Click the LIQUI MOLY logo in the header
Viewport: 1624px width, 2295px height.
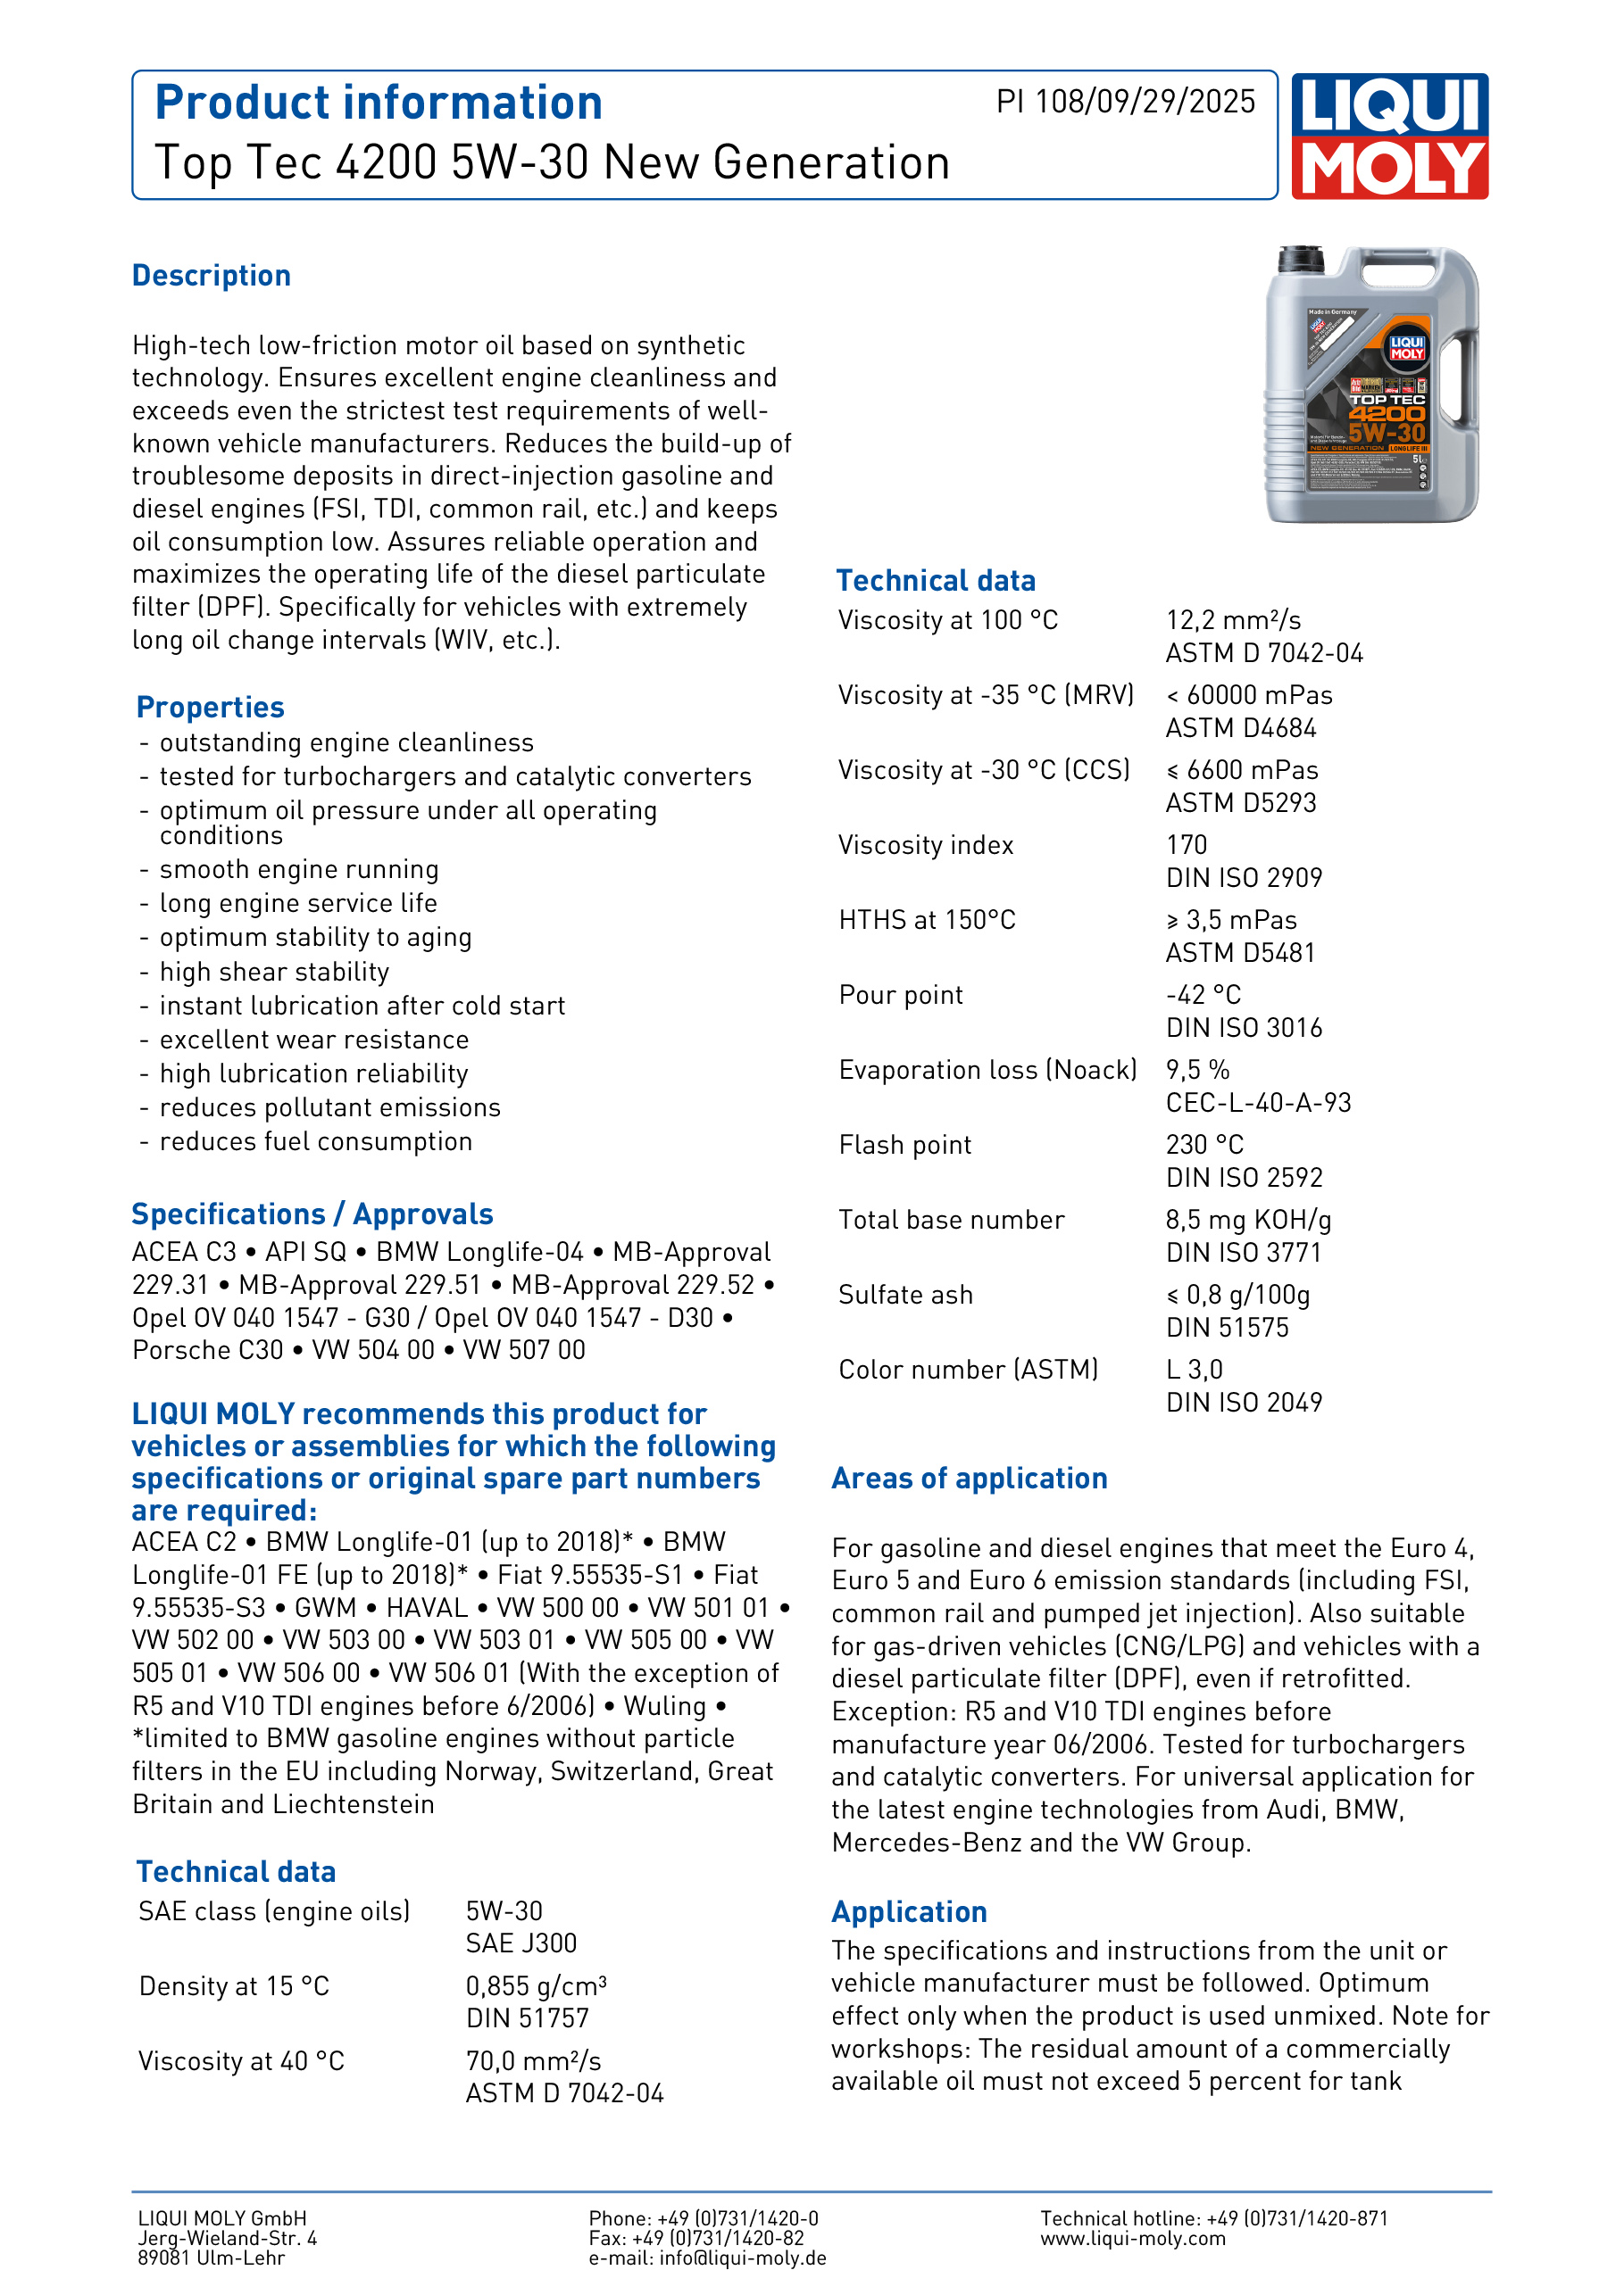(1389, 136)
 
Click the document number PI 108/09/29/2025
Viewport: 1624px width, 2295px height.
(1125, 102)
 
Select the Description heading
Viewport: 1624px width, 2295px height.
(211, 276)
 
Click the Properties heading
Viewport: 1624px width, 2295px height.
(210, 708)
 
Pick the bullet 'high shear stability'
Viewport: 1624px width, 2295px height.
(274, 972)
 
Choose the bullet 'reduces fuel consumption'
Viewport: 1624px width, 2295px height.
(315, 1141)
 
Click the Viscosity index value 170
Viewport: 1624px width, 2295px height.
(1187, 846)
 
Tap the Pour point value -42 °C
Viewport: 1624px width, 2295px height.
(1203, 996)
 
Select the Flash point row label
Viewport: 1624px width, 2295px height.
(905, 1146)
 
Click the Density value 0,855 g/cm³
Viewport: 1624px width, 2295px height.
(536, 1986)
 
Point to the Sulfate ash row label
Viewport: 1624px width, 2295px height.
(905, 1296)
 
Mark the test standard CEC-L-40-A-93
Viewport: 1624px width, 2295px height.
(1258, 1103)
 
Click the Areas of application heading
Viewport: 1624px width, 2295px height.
(969, 1479)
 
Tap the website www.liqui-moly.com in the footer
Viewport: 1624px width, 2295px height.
(1132, 2238)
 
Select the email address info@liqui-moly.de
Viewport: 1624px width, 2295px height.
(742, 2258)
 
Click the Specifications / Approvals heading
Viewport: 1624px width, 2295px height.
(312, 1214)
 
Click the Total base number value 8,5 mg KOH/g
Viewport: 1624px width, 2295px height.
(1248, 1221)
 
